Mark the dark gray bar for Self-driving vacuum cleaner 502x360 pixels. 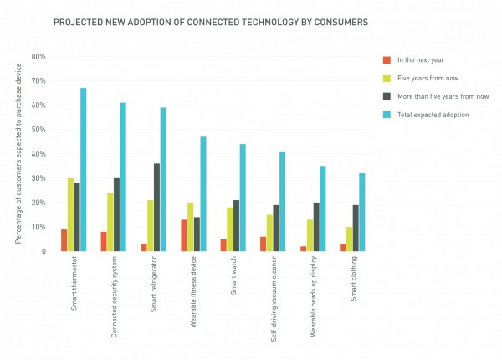click(275, 228)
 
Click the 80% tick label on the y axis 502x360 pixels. click(38, 57)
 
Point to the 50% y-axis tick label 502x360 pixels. click(38, 130)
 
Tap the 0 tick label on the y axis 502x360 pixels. click(42, 250)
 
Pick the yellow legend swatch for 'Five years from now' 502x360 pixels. click(386, 77)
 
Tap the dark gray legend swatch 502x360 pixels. click(386, 95)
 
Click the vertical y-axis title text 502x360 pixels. click(18, 155)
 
